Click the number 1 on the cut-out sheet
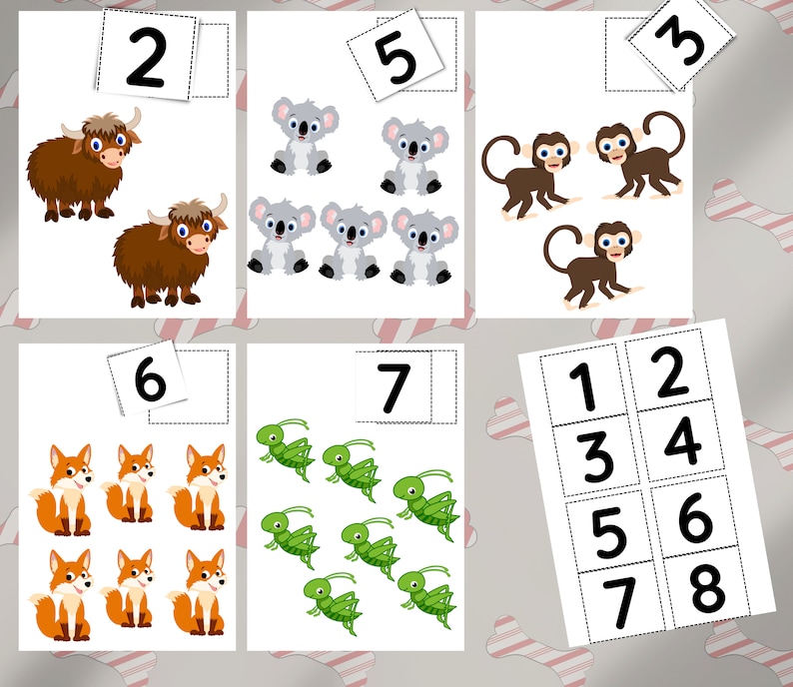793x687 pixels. pos(583,387)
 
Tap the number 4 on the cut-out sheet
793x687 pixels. pos(682,440)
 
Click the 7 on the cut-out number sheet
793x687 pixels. pos(621,602)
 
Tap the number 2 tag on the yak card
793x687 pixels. pos(146,58)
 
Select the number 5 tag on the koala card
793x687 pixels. pos(396,57)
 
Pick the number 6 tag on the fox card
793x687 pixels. pos(149,378)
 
